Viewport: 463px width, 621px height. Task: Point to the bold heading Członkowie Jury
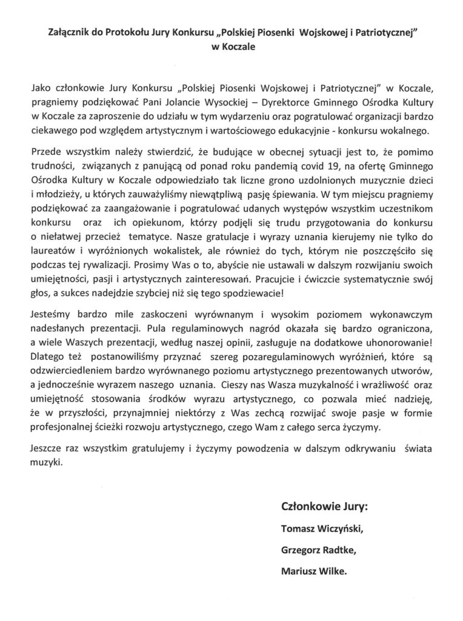point(324,506)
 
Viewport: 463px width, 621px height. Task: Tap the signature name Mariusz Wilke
point(315,571)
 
